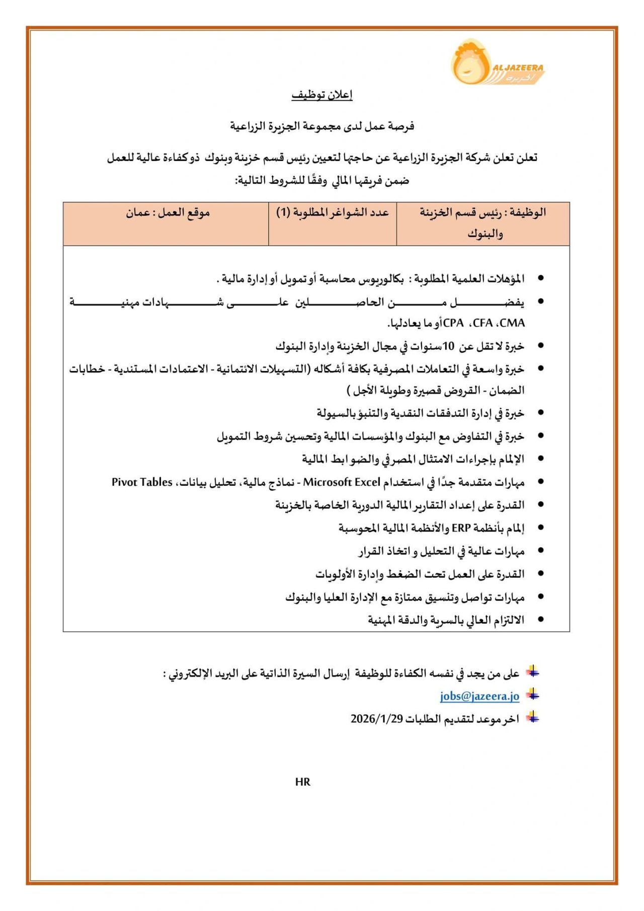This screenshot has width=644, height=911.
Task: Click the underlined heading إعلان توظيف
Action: click(322, 95)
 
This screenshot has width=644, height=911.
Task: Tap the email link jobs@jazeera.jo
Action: click(479, 696)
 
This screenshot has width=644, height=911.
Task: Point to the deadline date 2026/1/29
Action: click(377, 719)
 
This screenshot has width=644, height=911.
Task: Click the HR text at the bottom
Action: click(303, 782)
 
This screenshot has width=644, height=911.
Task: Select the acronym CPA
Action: click(453, 323)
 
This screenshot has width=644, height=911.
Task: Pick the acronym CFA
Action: click(483, 323)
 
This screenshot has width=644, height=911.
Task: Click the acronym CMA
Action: click(512, 323)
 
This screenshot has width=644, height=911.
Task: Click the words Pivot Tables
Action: click(142, 482)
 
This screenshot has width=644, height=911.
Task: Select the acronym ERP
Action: click(461, 528)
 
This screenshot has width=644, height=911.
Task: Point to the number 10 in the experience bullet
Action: click(448, 346)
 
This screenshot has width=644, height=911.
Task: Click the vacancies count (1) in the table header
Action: click(283, 212)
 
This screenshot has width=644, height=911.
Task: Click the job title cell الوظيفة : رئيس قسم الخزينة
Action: click(483, 222)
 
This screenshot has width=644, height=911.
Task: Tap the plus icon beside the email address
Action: click(532, 696)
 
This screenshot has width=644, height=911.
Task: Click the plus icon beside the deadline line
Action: click(532, 718)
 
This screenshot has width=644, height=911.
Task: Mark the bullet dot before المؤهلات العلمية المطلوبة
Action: click(541, 278)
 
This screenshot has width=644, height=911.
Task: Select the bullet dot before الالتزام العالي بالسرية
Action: click(541, 620)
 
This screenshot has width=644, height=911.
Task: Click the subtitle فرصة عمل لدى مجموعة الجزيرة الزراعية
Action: click(322, 126)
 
